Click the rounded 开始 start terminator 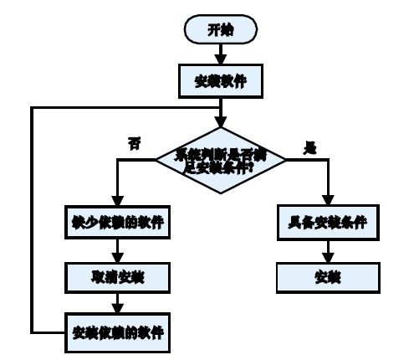click(x=220, y=29)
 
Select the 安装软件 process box click(x=220, y=82)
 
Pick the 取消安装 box click(x=117, y=277)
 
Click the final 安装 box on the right click(x=328, y=276)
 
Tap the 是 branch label click(x=309, y=147)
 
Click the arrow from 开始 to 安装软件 click(x=220, y=54)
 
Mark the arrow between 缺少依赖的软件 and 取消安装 click(x=117, y=249)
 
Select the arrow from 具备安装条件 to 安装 click(x=328, y=249)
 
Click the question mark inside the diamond click(x=253, y=167)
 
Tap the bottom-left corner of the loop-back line click(x=31, y=332)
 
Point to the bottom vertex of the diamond click(x=220, y=193)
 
